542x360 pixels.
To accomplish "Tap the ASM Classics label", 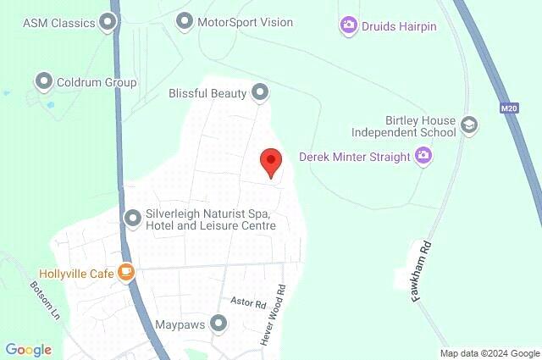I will coord(58,22).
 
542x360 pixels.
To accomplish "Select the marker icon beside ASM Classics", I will coord(108,22).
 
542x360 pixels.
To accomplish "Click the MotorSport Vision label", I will coord(245,22).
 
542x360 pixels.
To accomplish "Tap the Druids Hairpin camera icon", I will coord(348,25).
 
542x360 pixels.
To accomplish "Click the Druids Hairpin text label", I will coord(400,25).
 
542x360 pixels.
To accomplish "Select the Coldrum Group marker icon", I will coord(43,81).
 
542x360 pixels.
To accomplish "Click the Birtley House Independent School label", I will coord(408,126).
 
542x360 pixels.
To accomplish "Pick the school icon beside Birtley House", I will coord(468,126).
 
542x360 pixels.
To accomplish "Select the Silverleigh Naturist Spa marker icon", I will coord(132,219).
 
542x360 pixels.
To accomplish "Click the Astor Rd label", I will coord(248,302).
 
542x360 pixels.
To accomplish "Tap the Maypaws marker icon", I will coord(219,324).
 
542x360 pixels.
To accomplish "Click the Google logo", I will coord(28,350).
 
